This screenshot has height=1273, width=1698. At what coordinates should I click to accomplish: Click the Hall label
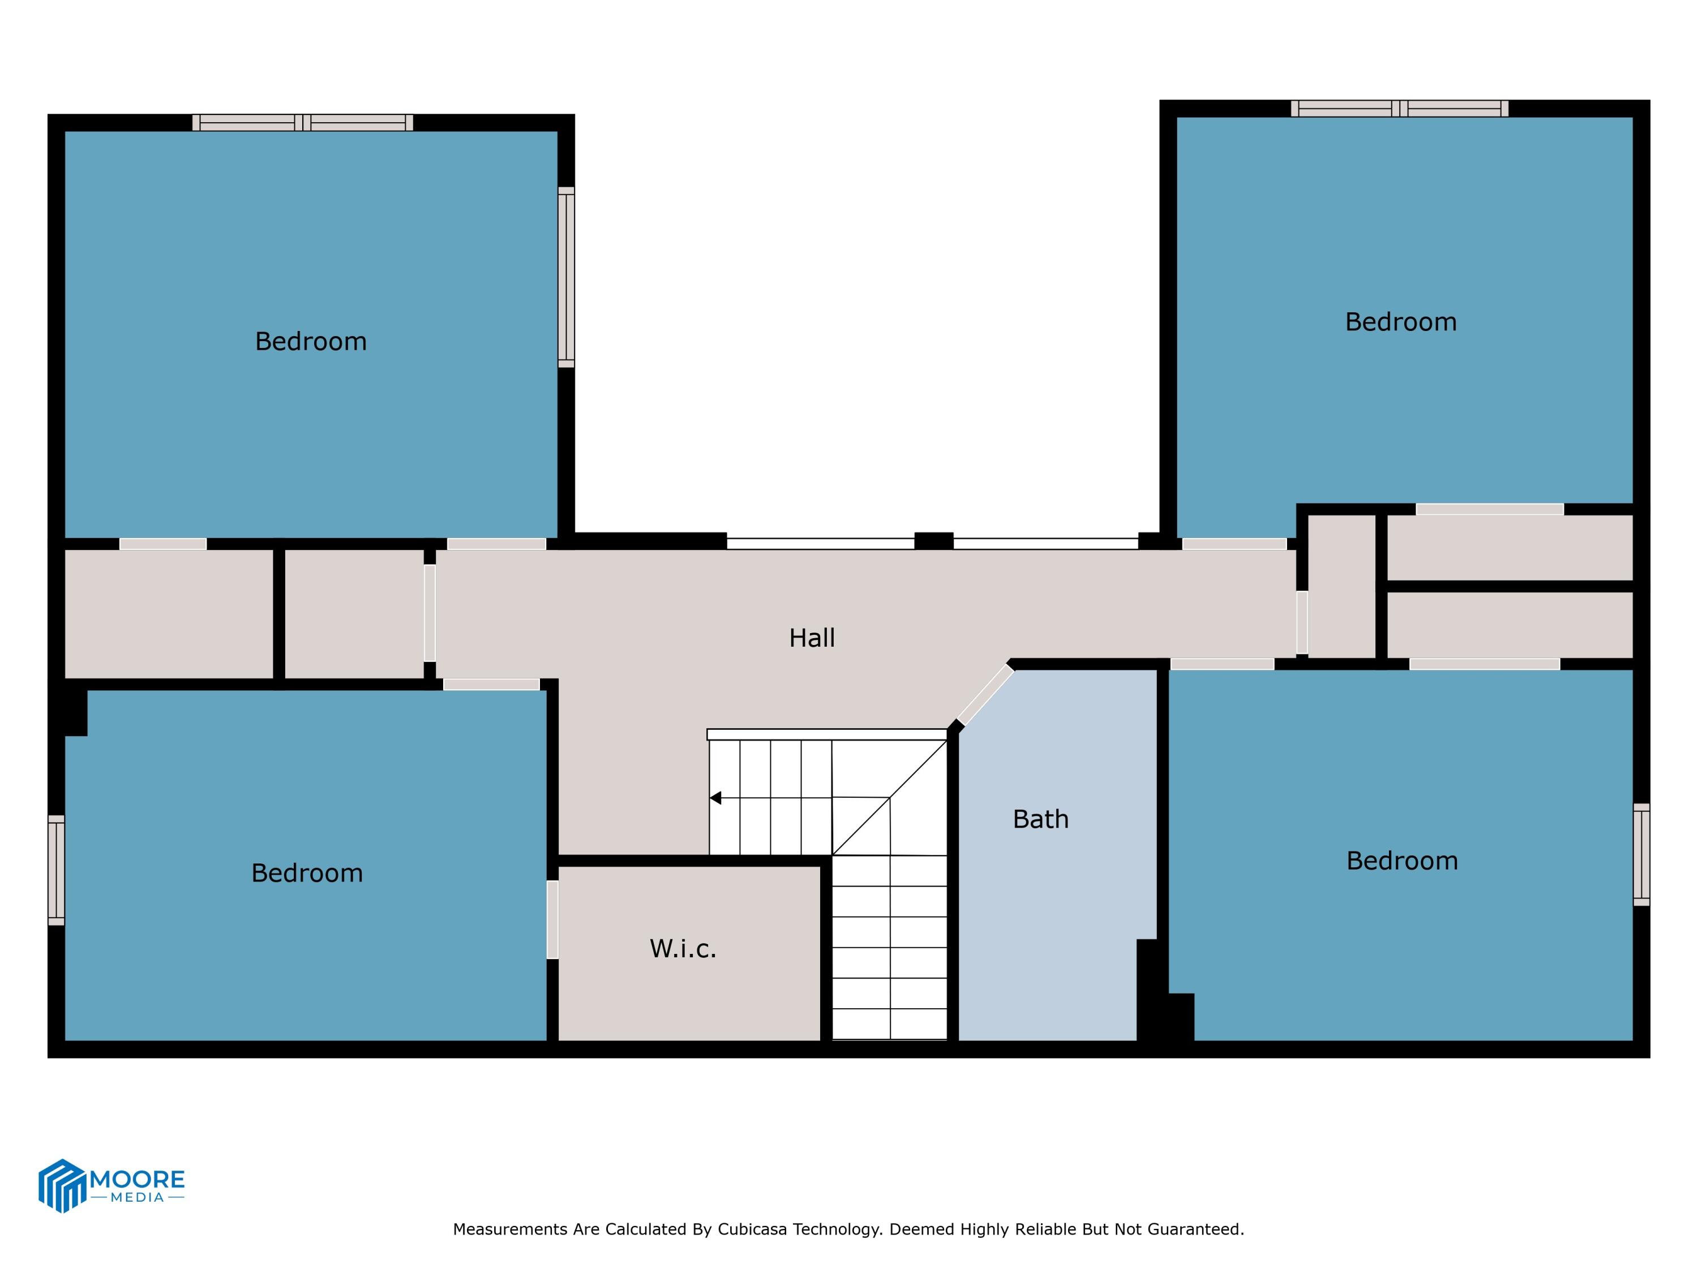[x=812, y=638]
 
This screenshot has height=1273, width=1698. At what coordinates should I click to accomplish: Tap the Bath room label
[x=1040, y=819]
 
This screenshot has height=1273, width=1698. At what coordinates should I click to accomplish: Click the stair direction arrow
[x=715, y=798]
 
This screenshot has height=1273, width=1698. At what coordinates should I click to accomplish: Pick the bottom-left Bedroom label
[x=307, y=872]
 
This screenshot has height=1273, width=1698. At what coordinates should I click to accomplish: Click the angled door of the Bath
[x=985, y=695]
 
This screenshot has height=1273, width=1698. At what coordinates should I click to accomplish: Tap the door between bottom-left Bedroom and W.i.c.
[x=552, y=919]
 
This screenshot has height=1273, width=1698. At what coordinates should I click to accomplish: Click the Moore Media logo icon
[x=61, y=1185]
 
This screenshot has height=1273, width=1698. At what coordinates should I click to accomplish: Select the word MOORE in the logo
[x=138, y=1179]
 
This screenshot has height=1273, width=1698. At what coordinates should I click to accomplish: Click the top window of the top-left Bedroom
[x=302, y=123]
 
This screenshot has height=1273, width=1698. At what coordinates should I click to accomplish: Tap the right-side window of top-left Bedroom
[x=566, y=277]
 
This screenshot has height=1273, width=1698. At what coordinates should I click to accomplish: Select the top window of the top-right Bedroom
[x=1399, y=108]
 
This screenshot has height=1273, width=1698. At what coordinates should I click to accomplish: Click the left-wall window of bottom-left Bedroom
[x=56, y=870]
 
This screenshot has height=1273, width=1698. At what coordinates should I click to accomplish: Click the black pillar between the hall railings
[x=933, y=541]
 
